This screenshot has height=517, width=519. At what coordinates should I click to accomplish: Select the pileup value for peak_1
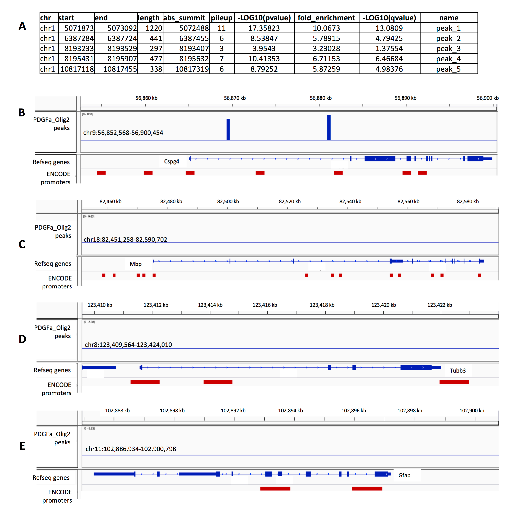coord(221,28)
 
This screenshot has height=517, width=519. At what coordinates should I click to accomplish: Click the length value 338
coord(156,69)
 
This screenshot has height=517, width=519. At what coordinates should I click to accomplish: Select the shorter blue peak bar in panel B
coord(228,129)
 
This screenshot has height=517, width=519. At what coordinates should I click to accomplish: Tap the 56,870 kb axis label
coord(234,98)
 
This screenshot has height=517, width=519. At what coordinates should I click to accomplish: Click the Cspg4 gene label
coord(171,161)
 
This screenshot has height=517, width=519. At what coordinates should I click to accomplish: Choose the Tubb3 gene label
coord(458,371)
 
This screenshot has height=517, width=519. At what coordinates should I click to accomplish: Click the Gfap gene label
coord(404,475)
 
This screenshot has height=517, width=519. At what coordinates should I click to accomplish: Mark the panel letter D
coord(22,339)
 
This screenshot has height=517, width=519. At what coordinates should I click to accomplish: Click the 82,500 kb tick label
coord(228,202)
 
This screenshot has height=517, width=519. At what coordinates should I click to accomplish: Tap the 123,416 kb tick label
coord(265,305)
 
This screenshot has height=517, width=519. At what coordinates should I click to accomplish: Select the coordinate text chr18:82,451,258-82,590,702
coord(125,239)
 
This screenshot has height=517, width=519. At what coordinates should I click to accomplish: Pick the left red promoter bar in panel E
coord(275,488)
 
